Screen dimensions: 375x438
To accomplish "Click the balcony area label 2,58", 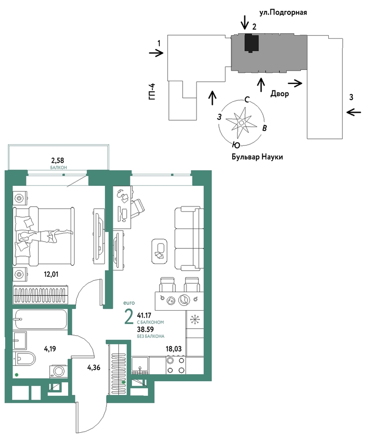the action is (x=58, y=160).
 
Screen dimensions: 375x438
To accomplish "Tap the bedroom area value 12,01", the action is (x=51, y=274).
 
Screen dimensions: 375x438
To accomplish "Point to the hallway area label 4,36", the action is (x=93, y=368).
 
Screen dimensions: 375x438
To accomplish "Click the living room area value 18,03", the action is (x=173, y=349).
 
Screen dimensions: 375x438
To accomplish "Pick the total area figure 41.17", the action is (x=144, y=316).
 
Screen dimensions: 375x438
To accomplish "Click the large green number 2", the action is (x=129, y=317).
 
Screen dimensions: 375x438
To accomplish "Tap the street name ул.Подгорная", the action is (x=283, y=13).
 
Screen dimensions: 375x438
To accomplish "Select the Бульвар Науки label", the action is (x=257, y=157).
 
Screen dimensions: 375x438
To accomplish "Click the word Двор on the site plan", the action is (x=280, y=94).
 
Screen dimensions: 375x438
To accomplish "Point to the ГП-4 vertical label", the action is (x=152, y=92).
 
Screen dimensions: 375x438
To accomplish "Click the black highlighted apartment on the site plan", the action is (x=251, y=43).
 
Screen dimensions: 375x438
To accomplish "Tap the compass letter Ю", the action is (x=236, y=145).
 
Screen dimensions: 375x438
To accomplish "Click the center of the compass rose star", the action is (x=241, y=123).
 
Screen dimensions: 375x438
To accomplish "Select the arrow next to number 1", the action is (x=156, y=53).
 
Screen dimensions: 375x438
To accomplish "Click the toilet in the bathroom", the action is (x=24, y=358).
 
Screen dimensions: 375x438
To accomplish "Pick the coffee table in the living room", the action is (x=159, y=251).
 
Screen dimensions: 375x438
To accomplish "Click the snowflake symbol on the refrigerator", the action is (x=195, y=319).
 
